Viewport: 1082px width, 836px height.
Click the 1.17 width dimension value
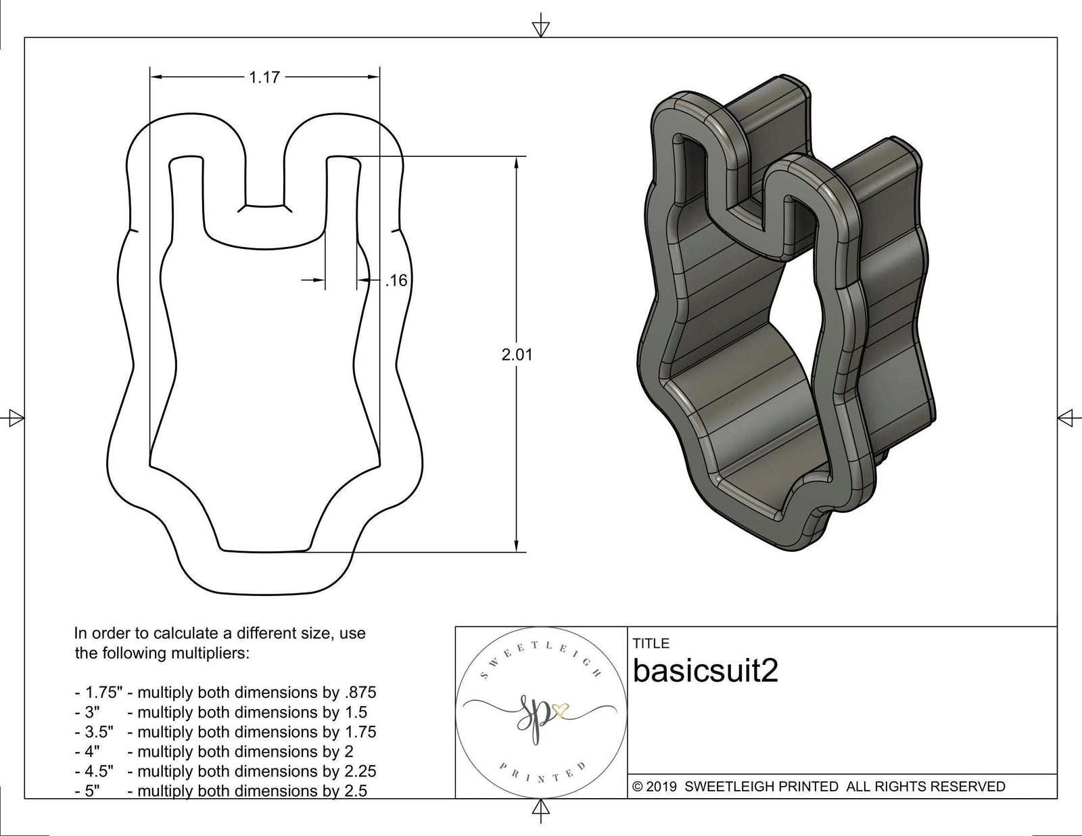pos(264,78)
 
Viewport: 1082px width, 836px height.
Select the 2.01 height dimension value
pos(517,354)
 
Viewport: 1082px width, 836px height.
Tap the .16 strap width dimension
pos(396,280)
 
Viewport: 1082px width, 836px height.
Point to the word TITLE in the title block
pos(651,643)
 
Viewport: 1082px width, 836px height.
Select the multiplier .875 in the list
pos(360,693)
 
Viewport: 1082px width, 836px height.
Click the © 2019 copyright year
pos(655,787)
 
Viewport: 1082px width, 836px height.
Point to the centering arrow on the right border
pos(1066,418)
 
